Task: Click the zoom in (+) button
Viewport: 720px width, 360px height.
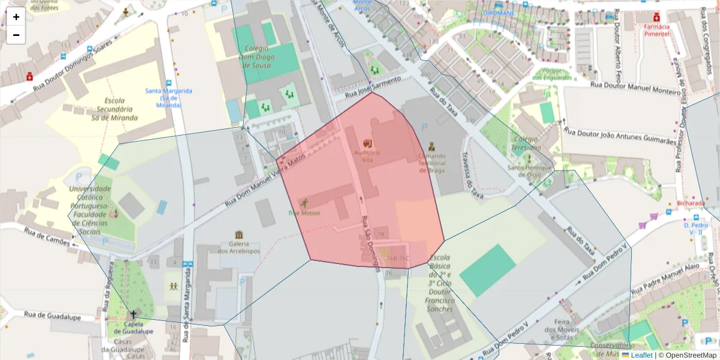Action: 16,17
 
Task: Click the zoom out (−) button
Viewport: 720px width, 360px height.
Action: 16,35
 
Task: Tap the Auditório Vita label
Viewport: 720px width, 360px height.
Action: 368,156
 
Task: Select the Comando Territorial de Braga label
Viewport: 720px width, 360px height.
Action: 431,163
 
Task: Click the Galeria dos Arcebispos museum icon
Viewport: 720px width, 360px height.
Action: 239,235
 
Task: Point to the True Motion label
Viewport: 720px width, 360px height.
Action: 304,213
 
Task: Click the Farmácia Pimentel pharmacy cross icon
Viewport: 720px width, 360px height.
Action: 657,17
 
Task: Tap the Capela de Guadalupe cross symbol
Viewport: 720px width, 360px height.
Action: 133,314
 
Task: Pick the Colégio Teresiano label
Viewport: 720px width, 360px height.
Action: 526,143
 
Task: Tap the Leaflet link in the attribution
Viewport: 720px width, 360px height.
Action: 641,355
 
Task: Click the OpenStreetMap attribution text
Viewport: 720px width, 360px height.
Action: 688,355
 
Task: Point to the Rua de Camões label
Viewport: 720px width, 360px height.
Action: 47,236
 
